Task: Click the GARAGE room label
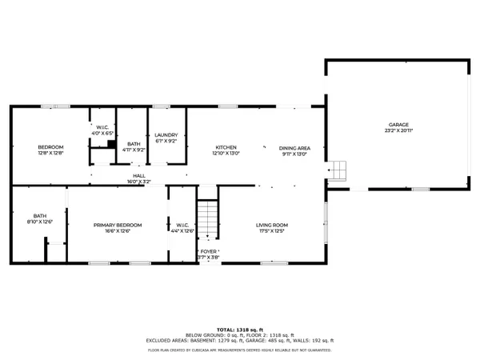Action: (x=398, y=125)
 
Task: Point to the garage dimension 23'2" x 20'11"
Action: (x=398, y=131)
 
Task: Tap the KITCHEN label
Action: (x=226, y=148)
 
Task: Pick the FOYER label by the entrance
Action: (x=210, y=250)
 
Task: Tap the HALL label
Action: (x=139, y=175)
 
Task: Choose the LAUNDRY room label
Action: (x=166, y=135)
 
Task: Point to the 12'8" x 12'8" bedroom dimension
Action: (x=50, y=154)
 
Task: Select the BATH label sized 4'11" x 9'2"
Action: (x=133, y=143)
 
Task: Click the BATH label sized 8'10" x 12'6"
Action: (x=39, y=215)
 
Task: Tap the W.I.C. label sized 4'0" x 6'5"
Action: (x=102, y=127)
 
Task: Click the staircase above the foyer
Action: (x=208, y=218)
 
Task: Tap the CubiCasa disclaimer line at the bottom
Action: (x=239, y=350)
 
